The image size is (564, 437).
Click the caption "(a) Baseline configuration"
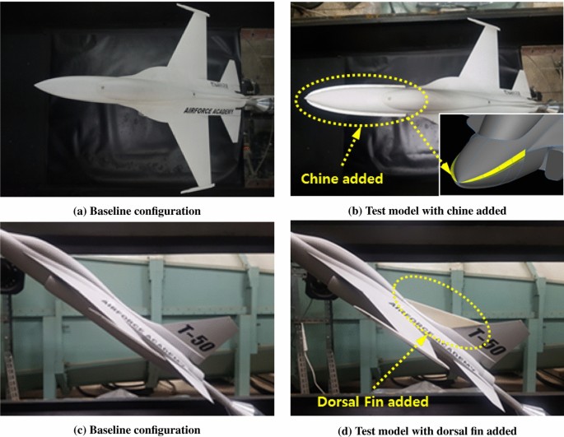point(137,211)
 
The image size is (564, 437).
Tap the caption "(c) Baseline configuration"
point(137,429)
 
